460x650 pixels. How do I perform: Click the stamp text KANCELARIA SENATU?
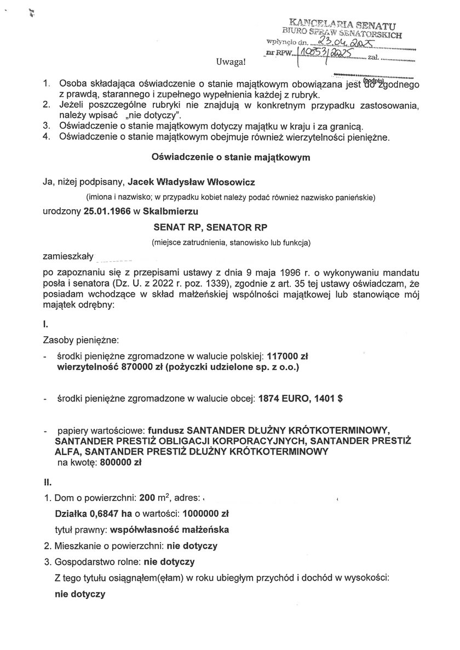point(343,24)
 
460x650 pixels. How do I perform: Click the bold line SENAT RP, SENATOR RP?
point(231,226)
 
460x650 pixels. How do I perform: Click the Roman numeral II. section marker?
point(47,483)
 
